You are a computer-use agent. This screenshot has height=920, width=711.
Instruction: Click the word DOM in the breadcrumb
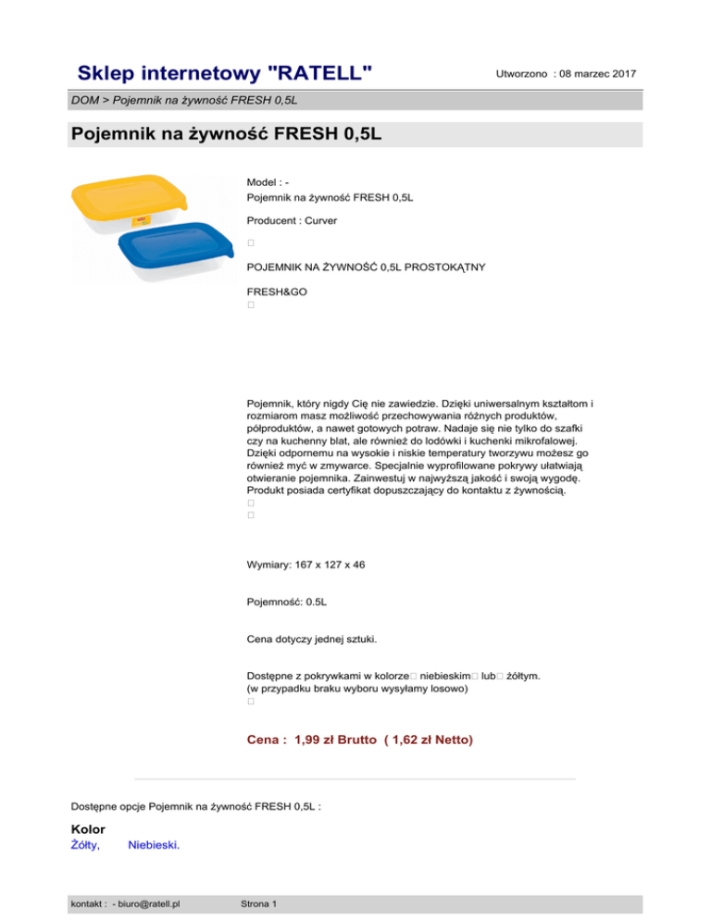pos(84,99)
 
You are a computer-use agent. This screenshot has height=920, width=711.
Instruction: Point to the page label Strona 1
pos(259,902)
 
